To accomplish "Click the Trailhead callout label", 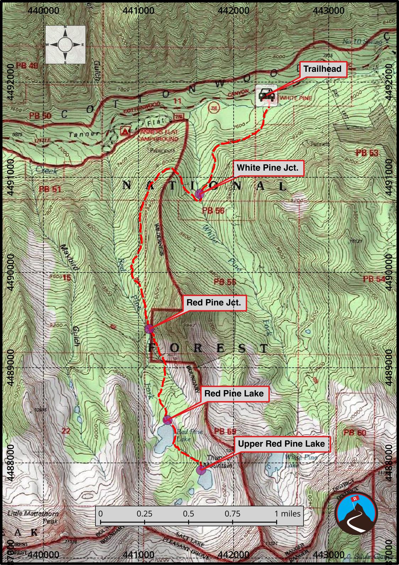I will (x=322, y=69).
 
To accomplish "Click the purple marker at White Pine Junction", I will (x=199, y=194).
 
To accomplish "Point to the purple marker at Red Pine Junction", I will (x=149, y=329).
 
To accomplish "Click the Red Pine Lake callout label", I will (x=234, y=393).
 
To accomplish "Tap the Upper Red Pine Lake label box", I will (x=281, y=444).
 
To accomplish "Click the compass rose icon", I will (x=65, y=45).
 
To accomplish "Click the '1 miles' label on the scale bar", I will (x=288, y=513).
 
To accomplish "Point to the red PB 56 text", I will (x=213, y=211).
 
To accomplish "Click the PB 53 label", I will (x=367, y=153).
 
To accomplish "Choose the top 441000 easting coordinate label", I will (x=138, y=11).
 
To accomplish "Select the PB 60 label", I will (x=355, y=432).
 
